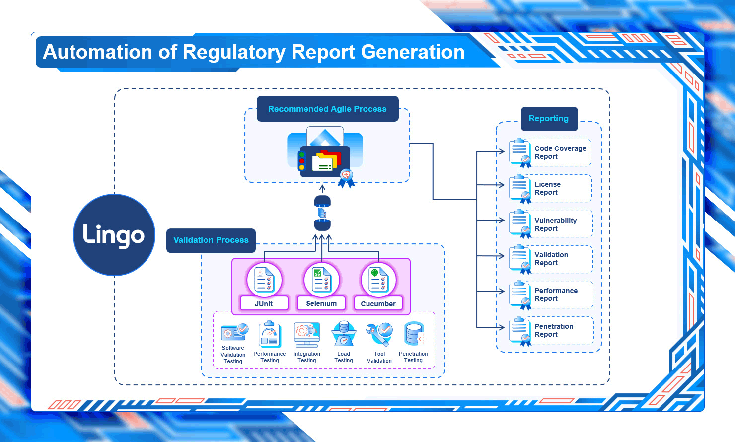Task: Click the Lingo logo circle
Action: (114, 235)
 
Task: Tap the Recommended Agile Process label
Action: (327, 109)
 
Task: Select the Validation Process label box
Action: (211, 240)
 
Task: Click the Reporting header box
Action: (549, 119)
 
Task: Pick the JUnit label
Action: (264, 303)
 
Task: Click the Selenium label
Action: (321, 303)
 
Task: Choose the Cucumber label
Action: (378, 303)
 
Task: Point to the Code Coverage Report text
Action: (560, 152)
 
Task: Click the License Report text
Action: (547, 188)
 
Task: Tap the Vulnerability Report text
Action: (555, 224)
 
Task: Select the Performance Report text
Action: (556, 295)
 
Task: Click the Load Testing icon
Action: (344, 334)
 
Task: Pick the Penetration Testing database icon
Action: (413, 334)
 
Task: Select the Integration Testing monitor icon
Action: (307, 334)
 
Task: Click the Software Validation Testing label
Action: (233, 355)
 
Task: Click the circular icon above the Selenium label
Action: (321, 280)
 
